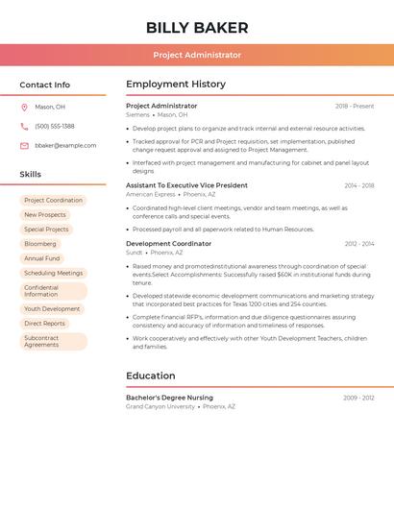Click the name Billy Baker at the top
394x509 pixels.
point(197,28)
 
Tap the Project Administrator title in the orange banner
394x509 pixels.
point(197,55)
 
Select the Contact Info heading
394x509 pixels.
point(45,85)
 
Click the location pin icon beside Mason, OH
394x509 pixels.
point(24,107)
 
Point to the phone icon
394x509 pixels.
point(24,126)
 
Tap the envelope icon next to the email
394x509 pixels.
point(24,145)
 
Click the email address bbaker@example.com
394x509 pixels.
point(65,145)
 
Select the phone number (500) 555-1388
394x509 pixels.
point(55,126)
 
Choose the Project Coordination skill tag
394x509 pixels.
point(53,201)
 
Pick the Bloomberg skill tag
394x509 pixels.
point(40,244)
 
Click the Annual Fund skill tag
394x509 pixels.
point(42,258)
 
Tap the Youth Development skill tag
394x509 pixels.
point(52,309)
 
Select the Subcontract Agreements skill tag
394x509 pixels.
point(42,341)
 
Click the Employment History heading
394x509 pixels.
point(176,85)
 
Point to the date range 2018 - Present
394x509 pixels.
point(355,106)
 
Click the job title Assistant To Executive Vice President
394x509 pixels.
point(186,185)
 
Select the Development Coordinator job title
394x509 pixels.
point(168,244)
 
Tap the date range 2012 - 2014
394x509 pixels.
point(359,244)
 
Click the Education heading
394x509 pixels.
point(151,376)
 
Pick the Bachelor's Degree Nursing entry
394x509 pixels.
point(169,397)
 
